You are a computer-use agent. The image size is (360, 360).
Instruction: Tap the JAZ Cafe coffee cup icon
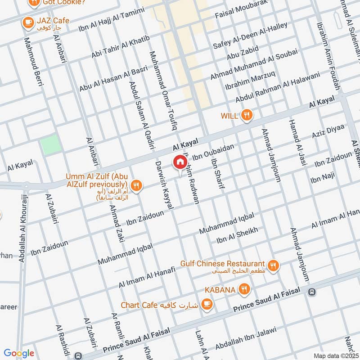[27, 21]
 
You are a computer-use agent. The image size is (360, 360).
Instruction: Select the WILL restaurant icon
[246, 115]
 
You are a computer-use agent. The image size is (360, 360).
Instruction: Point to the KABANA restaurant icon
[244, 289]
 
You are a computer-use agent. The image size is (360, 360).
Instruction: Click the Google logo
[19, 353]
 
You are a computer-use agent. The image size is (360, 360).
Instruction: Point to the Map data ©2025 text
[336, 355]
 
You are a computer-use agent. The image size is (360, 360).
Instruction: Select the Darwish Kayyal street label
[164, 184]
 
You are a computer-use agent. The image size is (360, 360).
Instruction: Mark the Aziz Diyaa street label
[328, 131]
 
